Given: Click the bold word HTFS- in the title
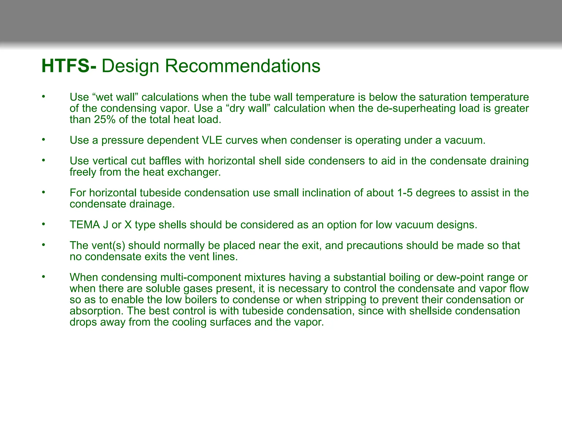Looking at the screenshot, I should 69,66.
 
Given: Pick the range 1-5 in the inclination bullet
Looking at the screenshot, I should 405,193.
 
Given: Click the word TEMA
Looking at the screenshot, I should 85,225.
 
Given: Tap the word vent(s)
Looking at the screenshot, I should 108,246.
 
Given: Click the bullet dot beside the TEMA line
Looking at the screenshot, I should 43,224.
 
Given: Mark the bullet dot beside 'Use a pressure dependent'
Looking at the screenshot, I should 43,140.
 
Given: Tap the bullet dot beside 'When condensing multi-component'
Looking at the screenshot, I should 43,277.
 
